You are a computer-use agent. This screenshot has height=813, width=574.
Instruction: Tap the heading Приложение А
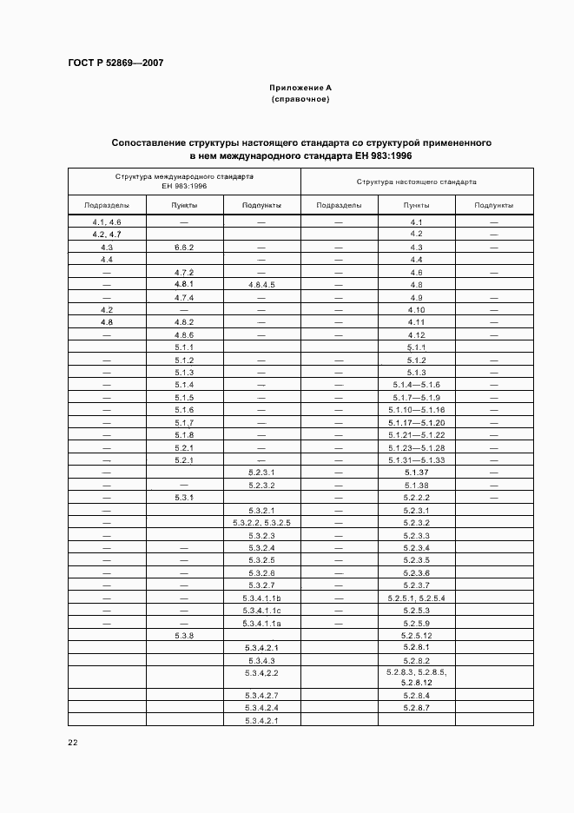300,88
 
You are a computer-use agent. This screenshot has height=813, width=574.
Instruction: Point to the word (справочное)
300,99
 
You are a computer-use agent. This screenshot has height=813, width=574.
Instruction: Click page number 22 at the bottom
72,743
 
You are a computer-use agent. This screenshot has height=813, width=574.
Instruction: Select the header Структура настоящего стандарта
416,182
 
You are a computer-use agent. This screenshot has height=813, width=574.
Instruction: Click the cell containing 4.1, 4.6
107,222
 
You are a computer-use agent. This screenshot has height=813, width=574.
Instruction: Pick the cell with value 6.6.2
183,247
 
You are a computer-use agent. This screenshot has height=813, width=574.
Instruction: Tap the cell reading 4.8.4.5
261,284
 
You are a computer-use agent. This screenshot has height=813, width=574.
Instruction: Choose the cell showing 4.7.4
183,297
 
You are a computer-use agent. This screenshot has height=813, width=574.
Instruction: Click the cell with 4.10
416,309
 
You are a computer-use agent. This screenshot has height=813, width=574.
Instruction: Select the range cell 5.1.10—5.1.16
416,409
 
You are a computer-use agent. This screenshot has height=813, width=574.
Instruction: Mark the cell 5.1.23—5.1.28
416,447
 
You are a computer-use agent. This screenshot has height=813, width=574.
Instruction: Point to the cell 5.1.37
416,472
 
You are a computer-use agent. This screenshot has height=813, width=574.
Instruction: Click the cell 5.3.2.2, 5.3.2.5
261,522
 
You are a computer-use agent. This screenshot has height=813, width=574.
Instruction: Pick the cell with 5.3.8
183,635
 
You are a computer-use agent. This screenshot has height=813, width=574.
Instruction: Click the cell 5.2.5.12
416,635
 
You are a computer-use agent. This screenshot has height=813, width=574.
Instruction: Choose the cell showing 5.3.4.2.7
261,695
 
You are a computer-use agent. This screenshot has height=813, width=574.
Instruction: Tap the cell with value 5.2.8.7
416,708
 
